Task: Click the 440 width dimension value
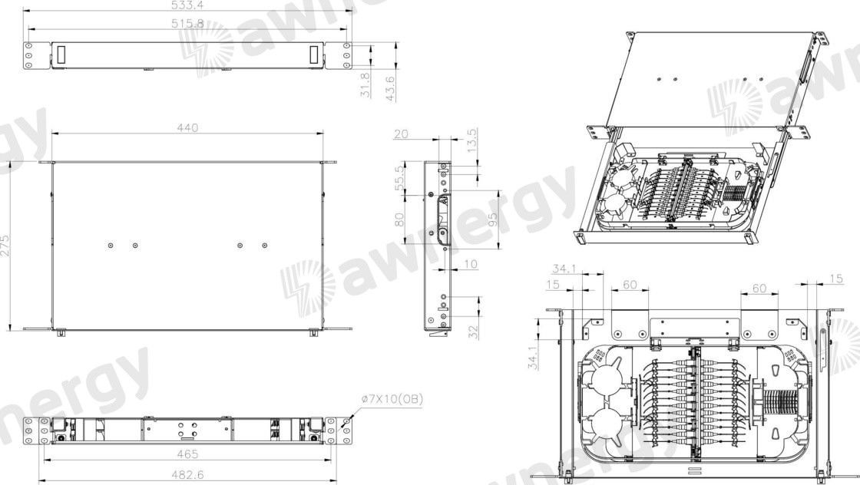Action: tap(187, 127)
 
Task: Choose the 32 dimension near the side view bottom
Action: tap(473, 331)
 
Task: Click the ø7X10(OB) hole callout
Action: tap(392, 399)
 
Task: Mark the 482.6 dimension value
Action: tap(187, 475)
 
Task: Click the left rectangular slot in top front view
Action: tap(61, 55)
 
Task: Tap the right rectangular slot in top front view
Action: tap(313, 55)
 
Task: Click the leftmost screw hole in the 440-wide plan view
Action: tap(111, 246)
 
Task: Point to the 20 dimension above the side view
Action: tap(400, 134)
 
